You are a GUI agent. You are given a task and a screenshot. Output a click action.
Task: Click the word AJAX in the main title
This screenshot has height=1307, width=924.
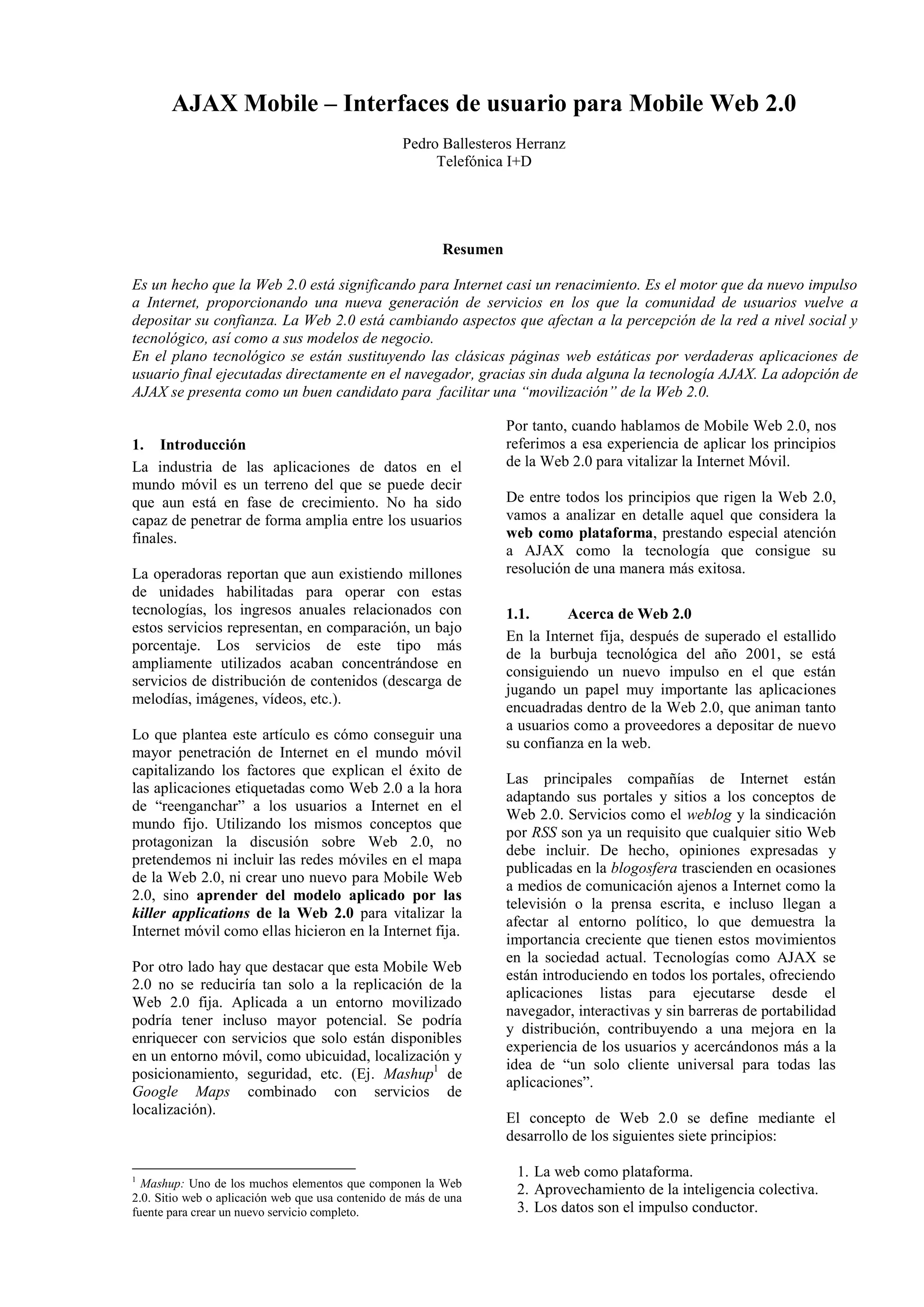tap(204, 104)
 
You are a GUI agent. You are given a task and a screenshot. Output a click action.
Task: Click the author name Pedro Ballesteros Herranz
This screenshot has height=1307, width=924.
tap(484, 143)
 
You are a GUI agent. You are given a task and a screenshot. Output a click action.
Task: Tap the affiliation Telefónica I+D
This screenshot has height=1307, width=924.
tap(484, 162)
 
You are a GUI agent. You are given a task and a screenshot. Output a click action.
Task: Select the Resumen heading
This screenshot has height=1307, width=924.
tap(472, 249)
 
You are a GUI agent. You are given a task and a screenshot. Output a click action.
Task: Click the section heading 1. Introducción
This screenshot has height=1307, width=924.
tap(189, 444)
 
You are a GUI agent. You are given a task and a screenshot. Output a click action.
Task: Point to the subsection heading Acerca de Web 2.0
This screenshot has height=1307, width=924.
tap(629, 614)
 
